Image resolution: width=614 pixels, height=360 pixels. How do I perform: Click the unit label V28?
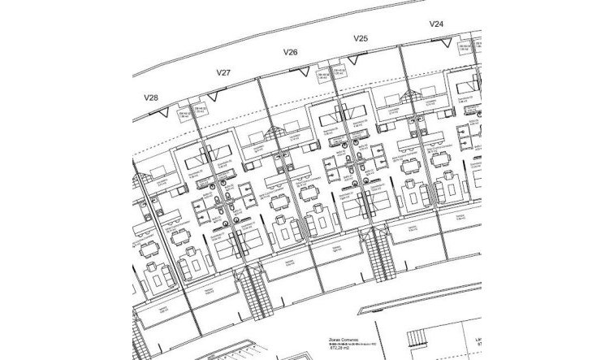(151, 98)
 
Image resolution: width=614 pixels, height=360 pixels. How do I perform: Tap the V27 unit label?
(224, 73)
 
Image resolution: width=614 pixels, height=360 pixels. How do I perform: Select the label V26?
(291, 53)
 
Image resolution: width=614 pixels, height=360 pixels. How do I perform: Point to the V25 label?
(361, 37)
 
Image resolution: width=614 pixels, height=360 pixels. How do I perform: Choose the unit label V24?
(436, 24)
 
